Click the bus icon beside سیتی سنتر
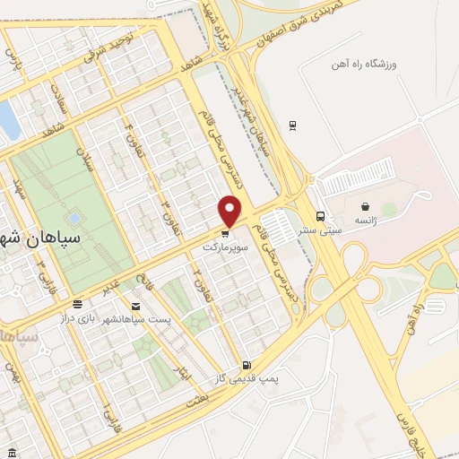(320, 215)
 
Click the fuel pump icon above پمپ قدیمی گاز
(247, 365)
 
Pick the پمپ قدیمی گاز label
(247, 378)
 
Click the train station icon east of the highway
(292, 125)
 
